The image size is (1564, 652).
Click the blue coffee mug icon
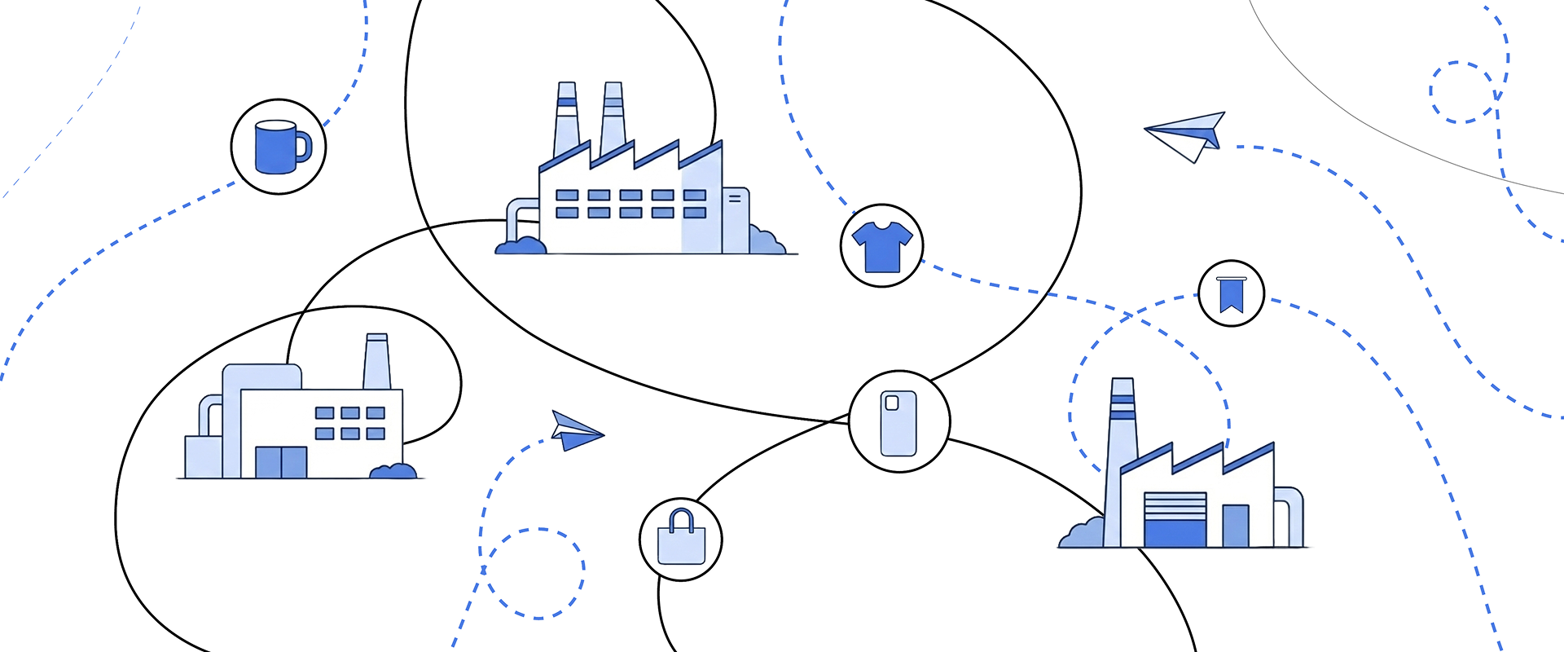[278, 147]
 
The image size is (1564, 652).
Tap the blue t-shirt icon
[881, 245]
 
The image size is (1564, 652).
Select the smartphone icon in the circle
[898, 422]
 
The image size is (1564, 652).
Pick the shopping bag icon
[681, 540]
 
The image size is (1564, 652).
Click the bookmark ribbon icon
[1231, 294]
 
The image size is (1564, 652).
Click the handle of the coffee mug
[304, 147]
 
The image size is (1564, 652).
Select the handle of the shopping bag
[681, 519]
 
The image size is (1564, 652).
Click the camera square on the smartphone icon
[891, 403]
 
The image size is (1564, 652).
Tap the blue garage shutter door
[1175, 520]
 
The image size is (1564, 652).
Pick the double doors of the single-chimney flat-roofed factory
[281, 461]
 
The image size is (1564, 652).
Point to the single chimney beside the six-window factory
[376, 362]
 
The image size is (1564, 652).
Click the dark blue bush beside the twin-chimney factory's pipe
[521, 244]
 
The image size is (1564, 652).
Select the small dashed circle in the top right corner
[1462, 92]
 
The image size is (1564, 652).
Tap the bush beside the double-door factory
[393, 470]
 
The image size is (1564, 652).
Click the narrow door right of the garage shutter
[1235, 526]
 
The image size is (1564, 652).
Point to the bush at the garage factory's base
[1082, 534]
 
